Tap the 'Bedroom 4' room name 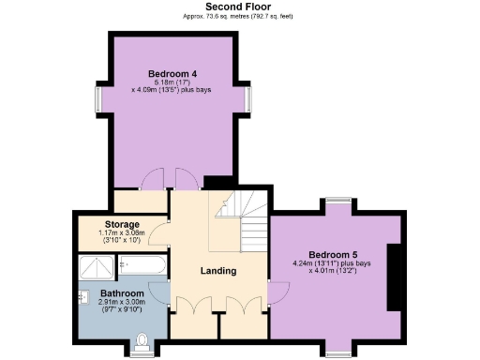click(172, 73)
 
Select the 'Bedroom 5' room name click(332, 254)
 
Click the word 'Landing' click(218, 271)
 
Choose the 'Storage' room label click(122, 225)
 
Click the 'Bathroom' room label click(123, 293)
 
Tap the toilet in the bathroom click(142, 340)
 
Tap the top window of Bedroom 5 click(338, 202)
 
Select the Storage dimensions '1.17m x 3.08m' click(122, 233)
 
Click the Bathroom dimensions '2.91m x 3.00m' click(123, 303)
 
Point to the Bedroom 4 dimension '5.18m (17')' click(172, 82)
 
